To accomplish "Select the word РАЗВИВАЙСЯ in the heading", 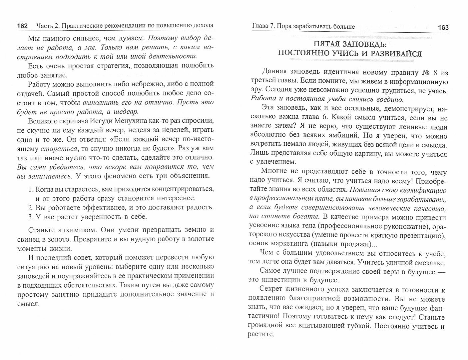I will point(393,54).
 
